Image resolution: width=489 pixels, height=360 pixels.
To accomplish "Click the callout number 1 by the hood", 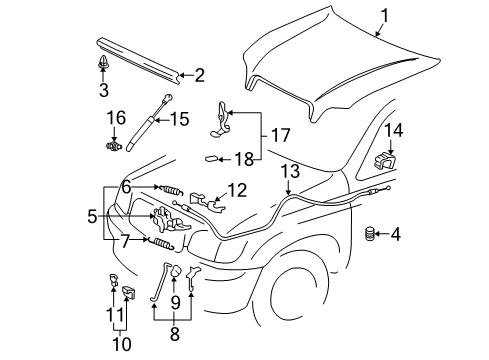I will (x=381, y=16).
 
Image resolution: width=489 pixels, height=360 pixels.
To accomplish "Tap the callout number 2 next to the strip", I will (x=199, y=73).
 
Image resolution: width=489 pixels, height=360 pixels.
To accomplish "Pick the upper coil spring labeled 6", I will (x=173, y=189).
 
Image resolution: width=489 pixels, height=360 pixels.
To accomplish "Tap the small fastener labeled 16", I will (x=113, y=143).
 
